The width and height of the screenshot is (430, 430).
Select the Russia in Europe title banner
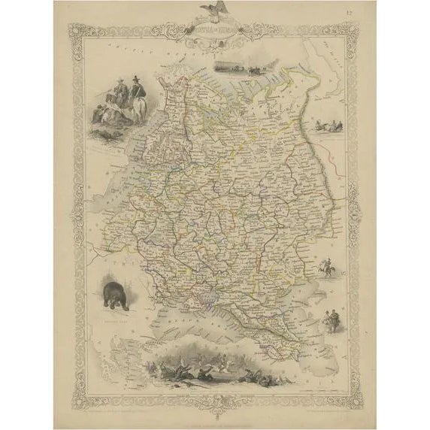click(x=215, y=33)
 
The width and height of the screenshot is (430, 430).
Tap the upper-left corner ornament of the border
click(x=74, y=30)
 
